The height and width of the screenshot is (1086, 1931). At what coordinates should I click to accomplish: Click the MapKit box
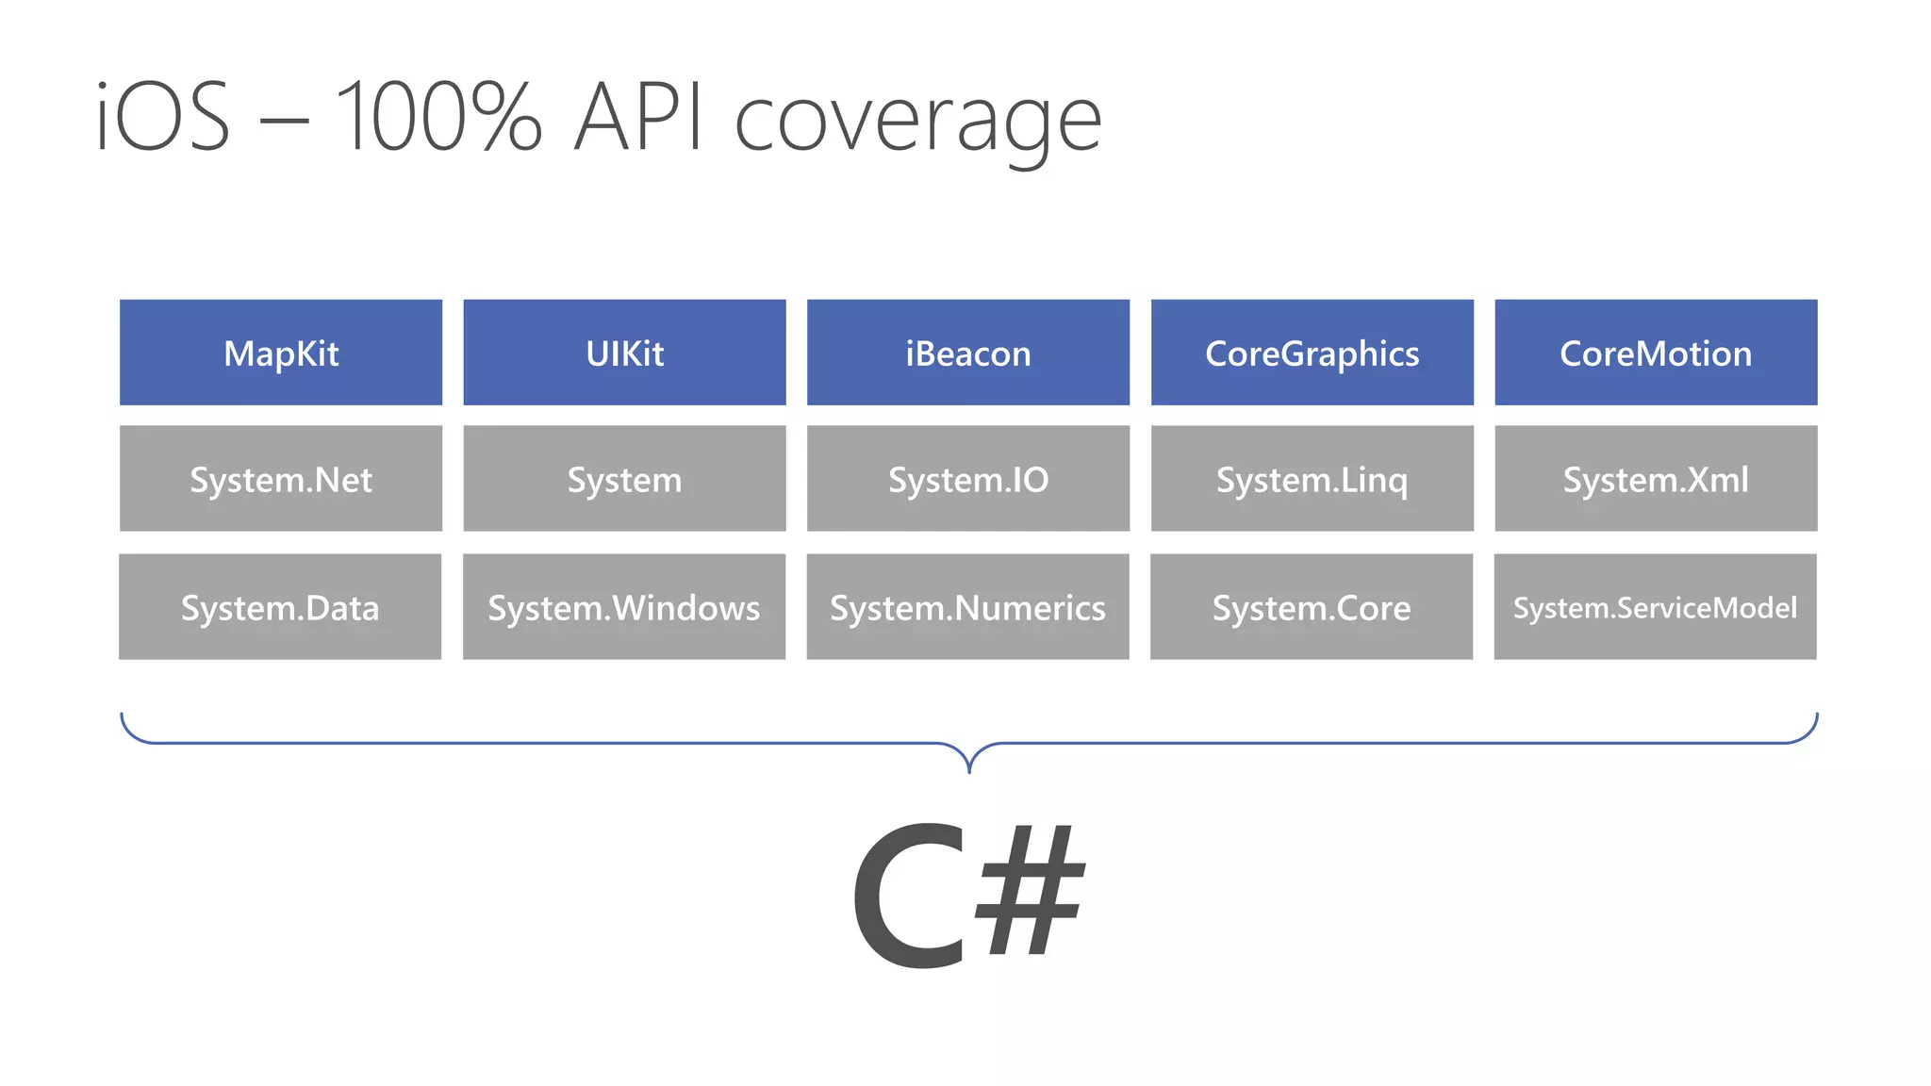(x=281, y=353)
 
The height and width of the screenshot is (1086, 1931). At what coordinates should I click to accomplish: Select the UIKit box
(x=624, y=353)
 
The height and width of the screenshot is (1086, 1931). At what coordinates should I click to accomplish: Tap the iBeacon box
(x=968, y=353)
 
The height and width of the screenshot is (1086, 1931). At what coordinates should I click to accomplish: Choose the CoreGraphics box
(x=1312, y=353)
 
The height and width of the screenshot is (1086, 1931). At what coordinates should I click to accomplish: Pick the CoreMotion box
(x=1656, y=353)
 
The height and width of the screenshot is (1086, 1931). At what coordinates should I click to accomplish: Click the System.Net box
(x=281, y=479)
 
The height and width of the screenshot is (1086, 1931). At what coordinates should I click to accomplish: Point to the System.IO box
(x=968, y=479)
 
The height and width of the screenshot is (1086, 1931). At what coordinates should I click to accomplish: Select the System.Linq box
(x=1312, y=479)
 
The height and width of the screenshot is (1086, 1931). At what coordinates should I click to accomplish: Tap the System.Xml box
(x=1656, y=479)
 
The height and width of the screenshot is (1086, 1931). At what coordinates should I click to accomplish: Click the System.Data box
(x=280, y=607)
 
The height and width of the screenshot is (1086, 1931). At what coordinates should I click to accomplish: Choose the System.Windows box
(x=624, y=607)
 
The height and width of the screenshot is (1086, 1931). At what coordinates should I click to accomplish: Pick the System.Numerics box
(x=968, y=607)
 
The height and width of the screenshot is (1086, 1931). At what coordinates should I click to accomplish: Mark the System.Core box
(x=1312, y=607)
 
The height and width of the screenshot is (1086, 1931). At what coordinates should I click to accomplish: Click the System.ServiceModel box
(x=1655, y=607)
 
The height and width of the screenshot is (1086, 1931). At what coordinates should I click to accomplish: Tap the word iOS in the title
(x=163, y=117)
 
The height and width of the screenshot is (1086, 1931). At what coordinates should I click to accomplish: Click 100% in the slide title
(x=439, y=117)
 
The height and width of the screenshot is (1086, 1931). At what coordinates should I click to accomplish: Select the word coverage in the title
(x=917, y=123)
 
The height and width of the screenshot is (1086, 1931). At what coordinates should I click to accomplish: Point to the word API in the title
(x=638, y=117)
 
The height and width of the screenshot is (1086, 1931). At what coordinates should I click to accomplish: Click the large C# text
(x=968, y=896)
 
